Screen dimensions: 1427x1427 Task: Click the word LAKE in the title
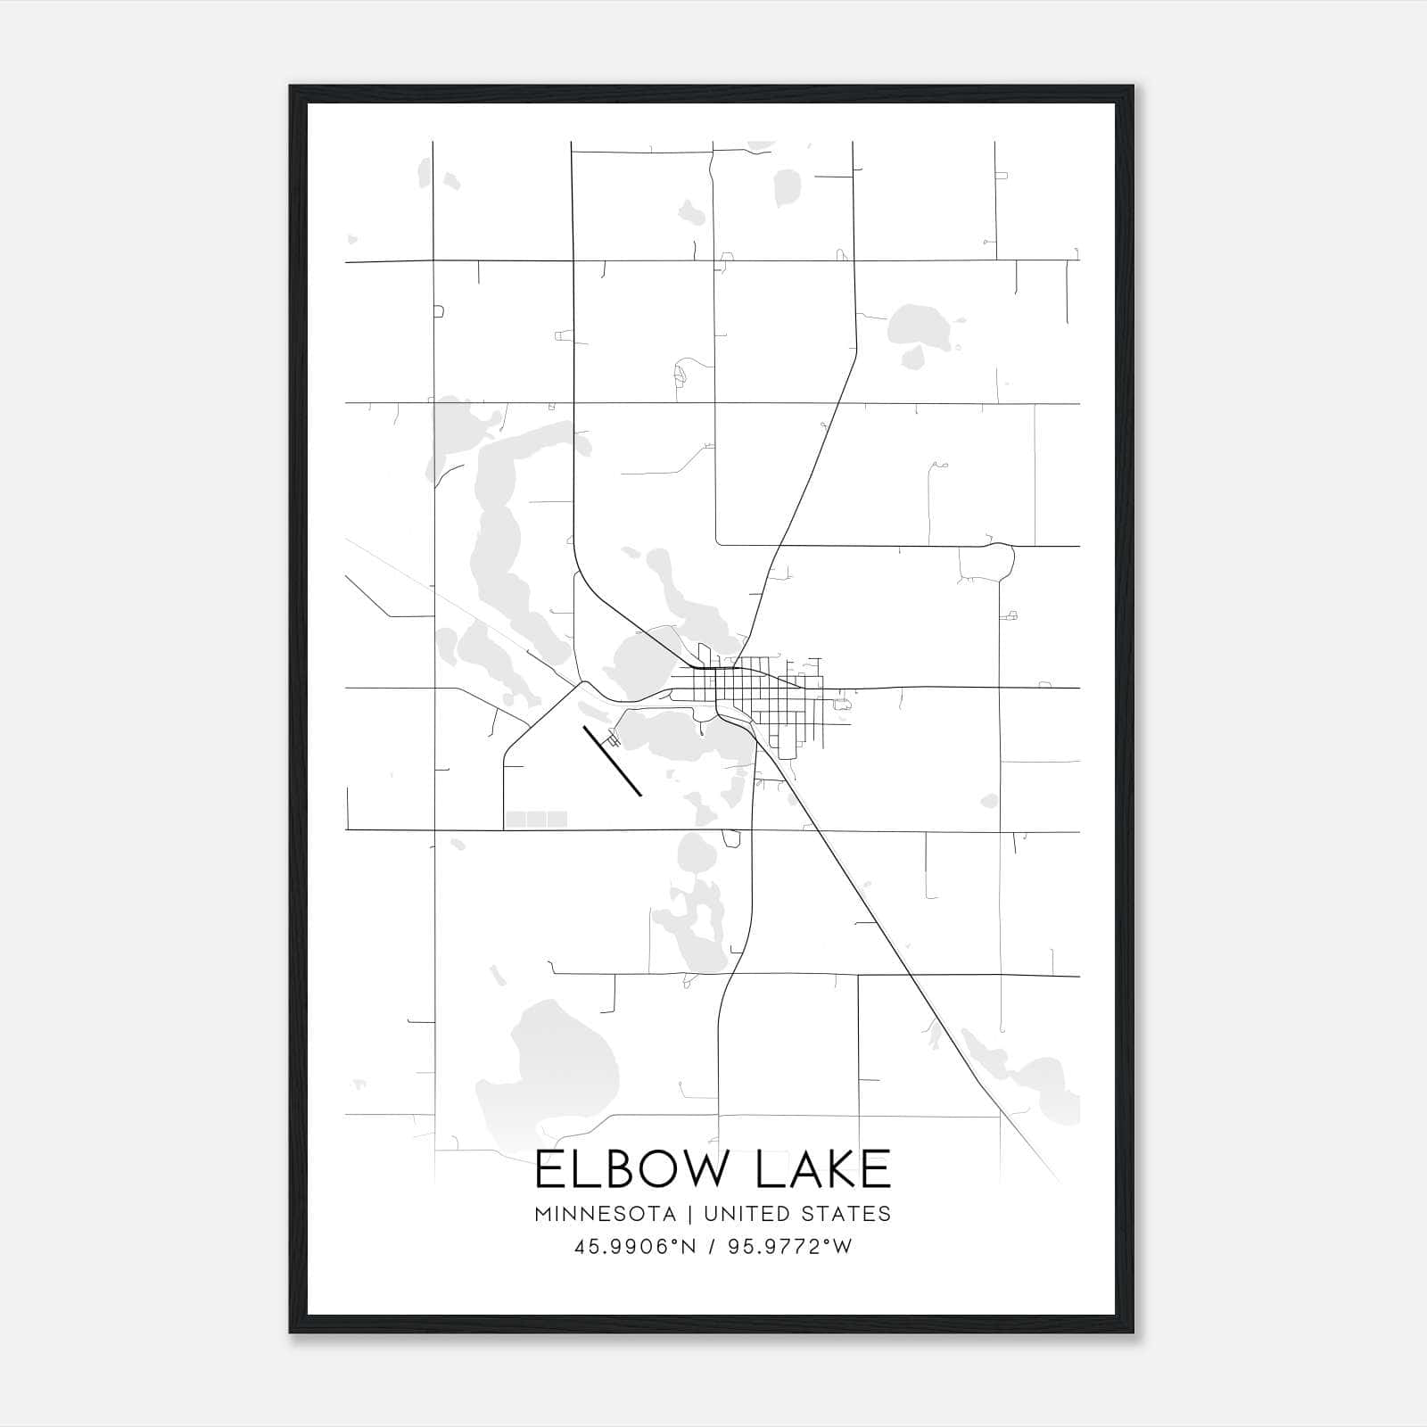pos(823,1169)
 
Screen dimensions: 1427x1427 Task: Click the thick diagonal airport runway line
pos(613,761)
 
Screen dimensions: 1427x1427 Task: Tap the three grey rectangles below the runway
pos(536,819)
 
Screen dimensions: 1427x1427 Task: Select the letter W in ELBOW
pos(710,1169)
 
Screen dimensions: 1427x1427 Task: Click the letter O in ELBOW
pos(658,1169)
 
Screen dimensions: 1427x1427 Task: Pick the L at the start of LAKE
pos(768,1169)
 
